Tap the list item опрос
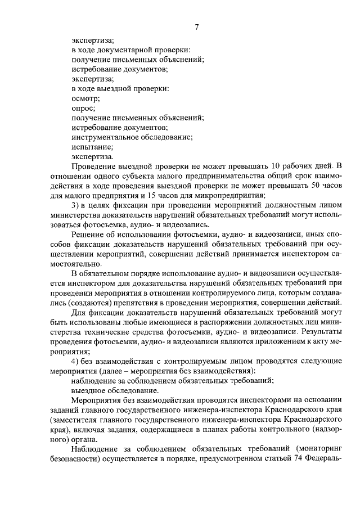click(83, 108)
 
